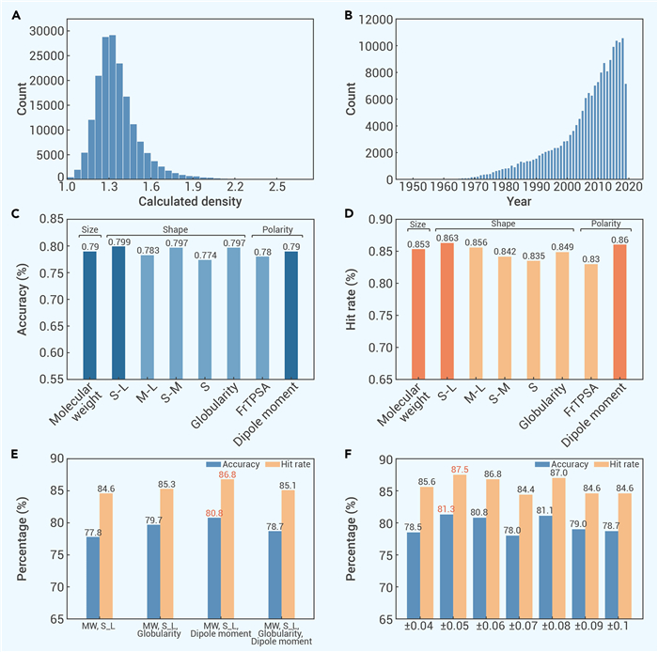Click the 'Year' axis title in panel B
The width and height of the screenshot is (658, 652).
(519, 203)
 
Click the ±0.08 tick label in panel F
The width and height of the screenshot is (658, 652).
(566, 631)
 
